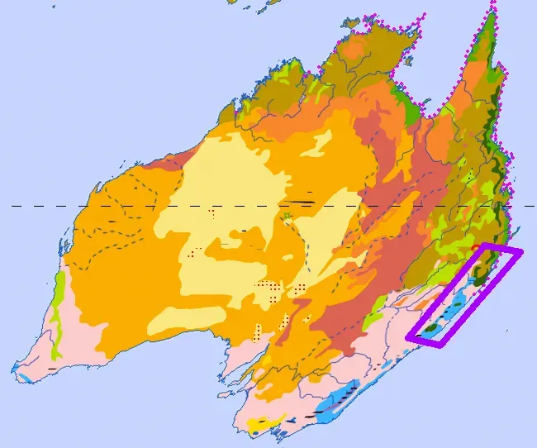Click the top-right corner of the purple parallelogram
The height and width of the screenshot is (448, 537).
[x=522, y=251]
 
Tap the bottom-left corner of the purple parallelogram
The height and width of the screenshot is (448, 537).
[x=407, y=337]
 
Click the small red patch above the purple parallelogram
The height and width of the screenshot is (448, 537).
[x=474, y=246]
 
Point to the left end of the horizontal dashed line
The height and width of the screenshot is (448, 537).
[x=12, y=206]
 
